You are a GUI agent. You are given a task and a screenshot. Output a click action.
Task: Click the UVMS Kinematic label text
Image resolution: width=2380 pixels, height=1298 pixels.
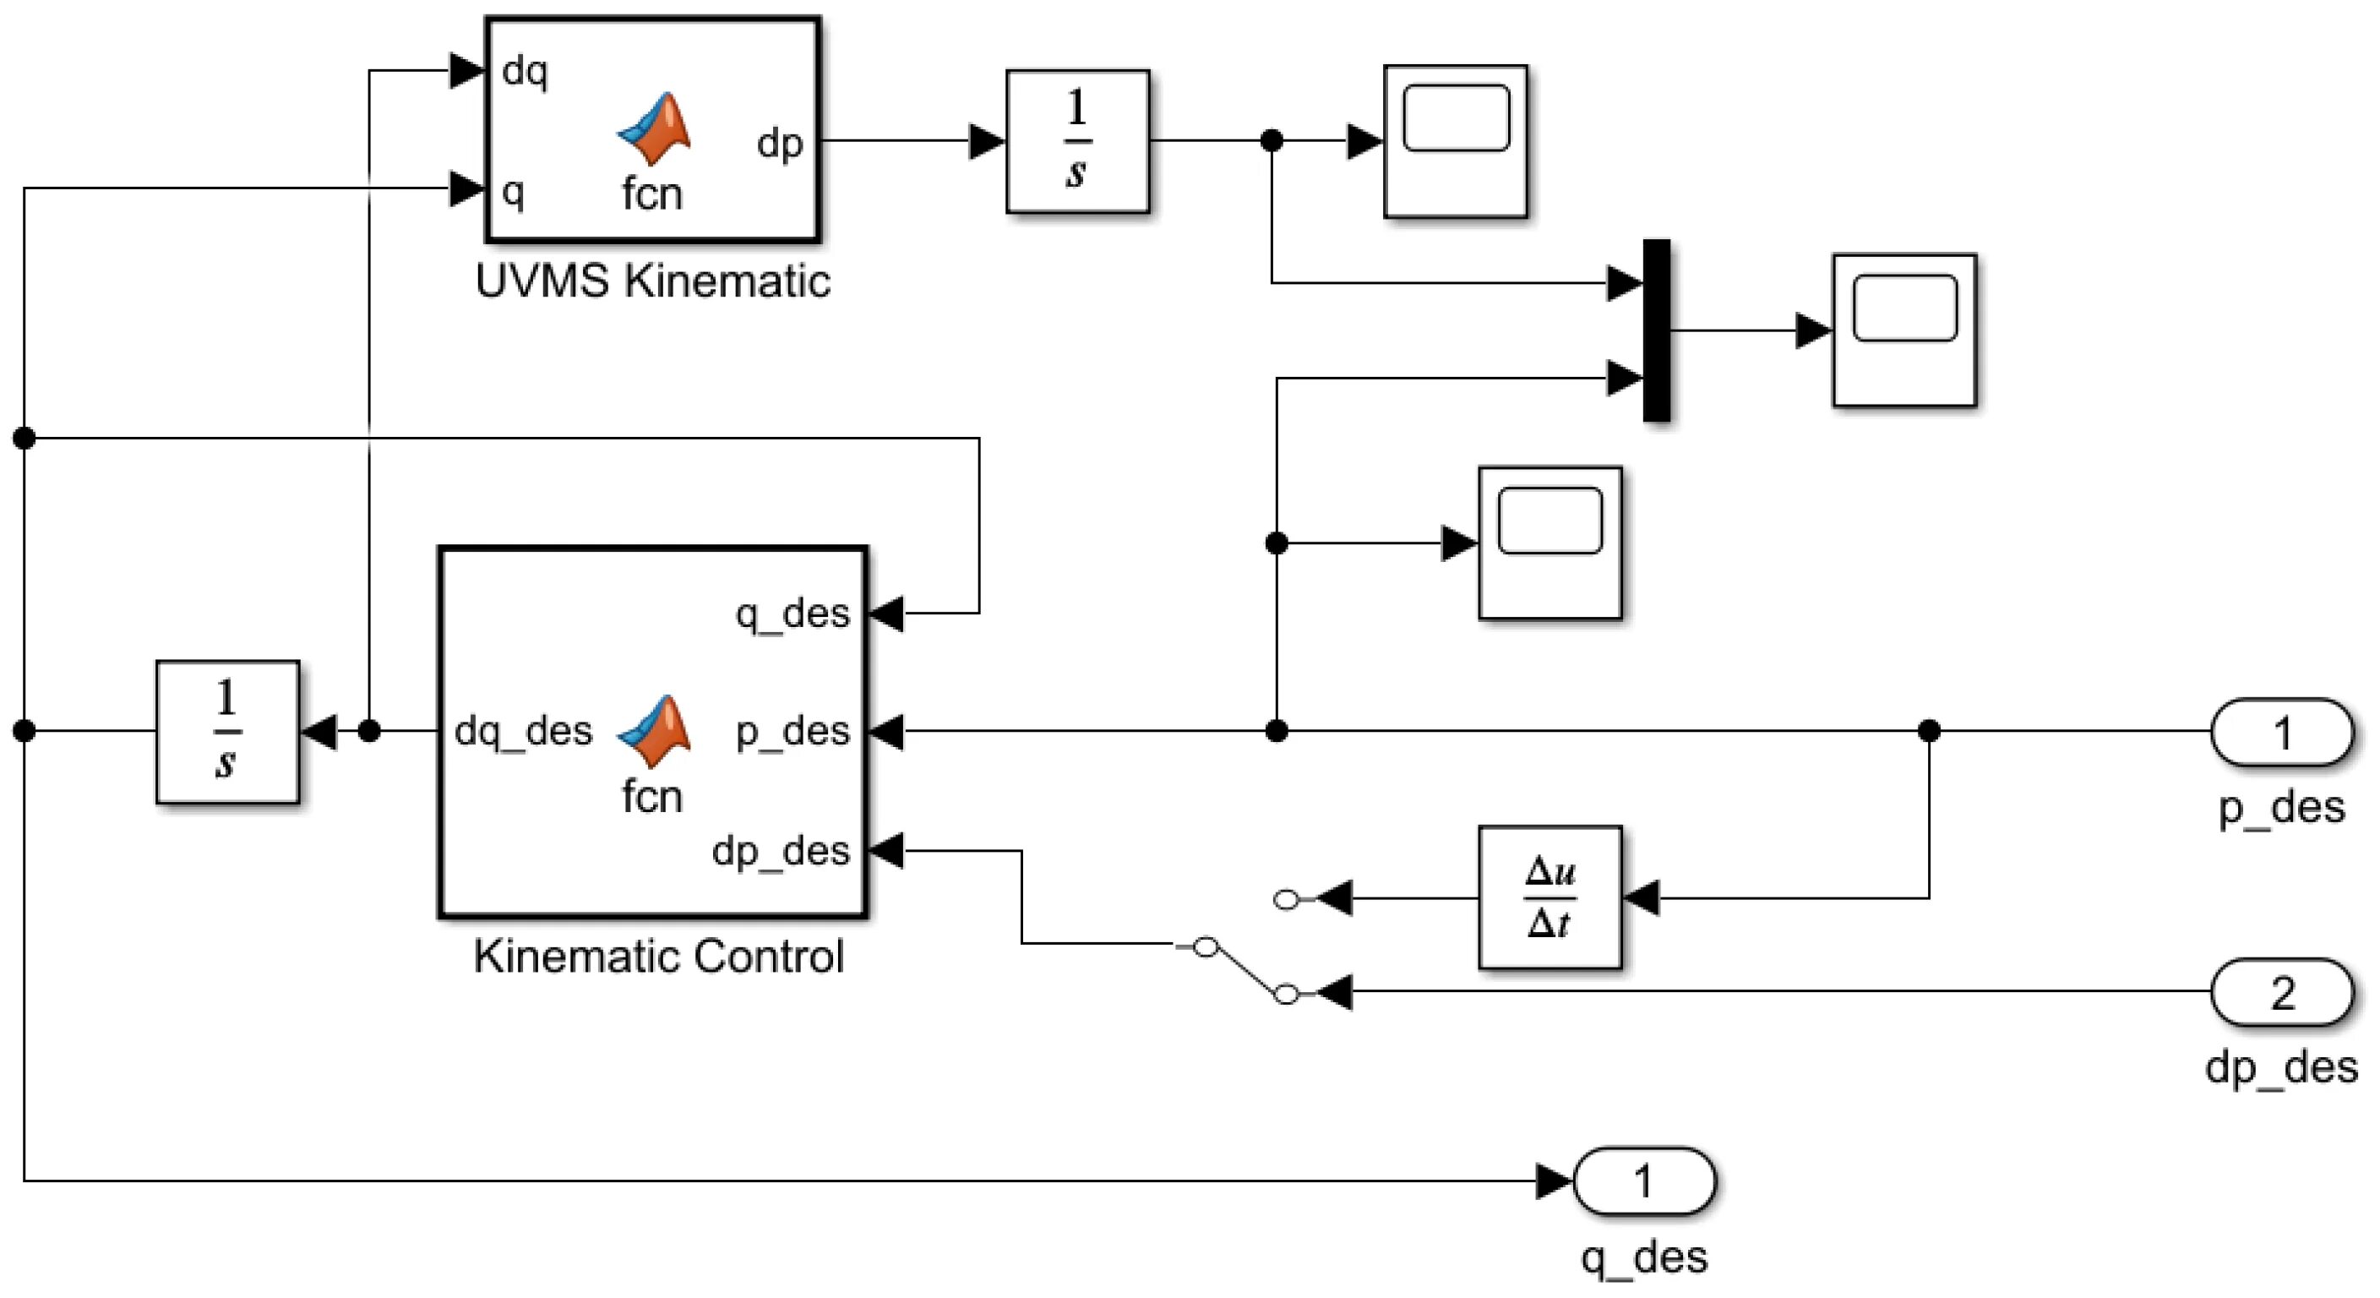click(652, 281)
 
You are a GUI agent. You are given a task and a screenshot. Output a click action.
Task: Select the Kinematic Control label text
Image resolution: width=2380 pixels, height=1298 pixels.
click(659, 957)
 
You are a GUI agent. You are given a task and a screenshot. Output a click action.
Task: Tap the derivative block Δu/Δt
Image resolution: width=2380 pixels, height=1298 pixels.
click(1549, 897)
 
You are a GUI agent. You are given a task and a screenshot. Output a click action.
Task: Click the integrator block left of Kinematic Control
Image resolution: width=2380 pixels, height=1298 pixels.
click(227, 732)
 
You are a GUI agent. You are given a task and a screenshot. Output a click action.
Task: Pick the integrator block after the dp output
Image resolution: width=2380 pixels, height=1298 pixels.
click(1077, 141)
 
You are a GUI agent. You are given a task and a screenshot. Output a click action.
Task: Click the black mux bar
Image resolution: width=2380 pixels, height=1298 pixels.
click(1657, 330)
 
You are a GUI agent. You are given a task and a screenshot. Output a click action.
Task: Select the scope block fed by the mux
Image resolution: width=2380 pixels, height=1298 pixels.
click(1904, 330)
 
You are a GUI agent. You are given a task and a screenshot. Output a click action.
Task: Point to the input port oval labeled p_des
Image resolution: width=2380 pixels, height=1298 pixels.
click(2281, 732)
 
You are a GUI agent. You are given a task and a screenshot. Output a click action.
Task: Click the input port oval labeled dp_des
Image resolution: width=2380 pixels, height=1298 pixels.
click(2281, 992)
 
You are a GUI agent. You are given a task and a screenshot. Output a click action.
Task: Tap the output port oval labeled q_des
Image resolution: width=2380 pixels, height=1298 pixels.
click(1643, 1181)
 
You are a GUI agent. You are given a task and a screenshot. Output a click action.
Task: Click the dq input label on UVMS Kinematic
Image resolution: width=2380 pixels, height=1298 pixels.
click(525, 71)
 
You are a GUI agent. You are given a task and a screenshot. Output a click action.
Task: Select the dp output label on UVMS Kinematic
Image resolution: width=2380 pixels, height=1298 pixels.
click(779, 143)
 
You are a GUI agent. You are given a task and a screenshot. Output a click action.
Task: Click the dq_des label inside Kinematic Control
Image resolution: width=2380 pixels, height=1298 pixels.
click(523, 732)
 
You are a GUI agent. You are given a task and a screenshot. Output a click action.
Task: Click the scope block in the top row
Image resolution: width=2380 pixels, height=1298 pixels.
click(1455, 141)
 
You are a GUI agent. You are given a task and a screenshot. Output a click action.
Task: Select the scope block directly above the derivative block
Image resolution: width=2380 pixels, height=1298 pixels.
click(1549, 543)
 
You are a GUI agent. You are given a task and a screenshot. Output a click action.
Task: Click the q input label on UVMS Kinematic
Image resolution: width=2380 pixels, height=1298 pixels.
click(513, 191)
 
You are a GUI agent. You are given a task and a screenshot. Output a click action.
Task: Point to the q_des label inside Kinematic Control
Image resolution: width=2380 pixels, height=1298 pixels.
click(792, 614)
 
